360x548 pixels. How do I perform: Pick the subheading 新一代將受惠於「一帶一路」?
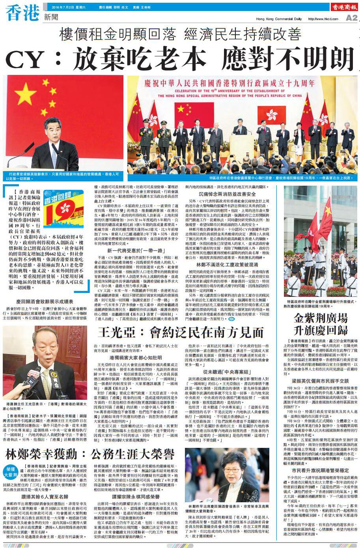tap(130, 250)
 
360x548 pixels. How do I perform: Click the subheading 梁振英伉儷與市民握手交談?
tap(320, 381)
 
